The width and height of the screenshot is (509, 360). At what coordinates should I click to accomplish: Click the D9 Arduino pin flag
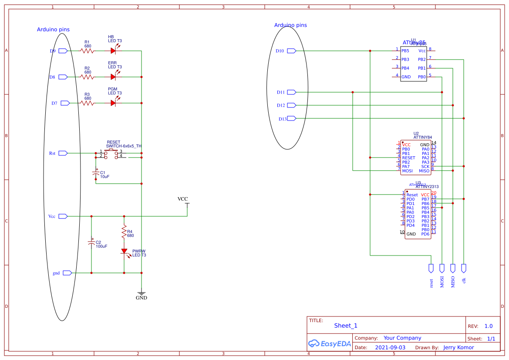[x=63, y=51]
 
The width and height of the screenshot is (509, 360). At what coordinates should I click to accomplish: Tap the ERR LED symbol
[x=114, y=77]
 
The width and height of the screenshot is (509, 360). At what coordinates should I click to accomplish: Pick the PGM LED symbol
[x=114, y=103]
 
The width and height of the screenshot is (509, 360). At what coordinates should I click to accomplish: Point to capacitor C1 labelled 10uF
[x=96, y=174]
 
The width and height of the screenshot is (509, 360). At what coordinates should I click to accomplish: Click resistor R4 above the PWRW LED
[x=124, y=232]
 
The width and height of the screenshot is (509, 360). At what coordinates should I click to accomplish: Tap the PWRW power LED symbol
[x=124, y=251]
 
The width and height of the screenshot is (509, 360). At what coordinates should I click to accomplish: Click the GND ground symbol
[x=141, y=295]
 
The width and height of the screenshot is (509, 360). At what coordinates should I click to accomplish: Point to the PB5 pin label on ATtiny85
[x=405, y=51]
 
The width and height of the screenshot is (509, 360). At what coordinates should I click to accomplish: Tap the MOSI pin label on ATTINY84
[x=407, y=171]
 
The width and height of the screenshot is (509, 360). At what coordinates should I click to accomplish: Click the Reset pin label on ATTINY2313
[x=412, y=195]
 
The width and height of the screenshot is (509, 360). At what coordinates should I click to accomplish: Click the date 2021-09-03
[x=390, y=347]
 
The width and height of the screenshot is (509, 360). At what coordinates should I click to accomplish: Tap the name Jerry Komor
[x=458, y=347]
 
